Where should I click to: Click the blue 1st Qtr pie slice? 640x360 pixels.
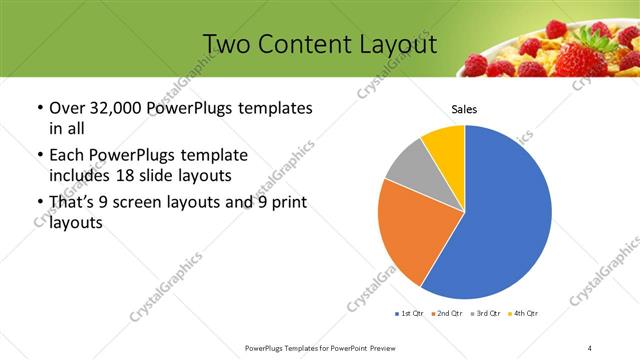tap(505, 220)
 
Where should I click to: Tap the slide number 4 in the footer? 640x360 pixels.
tap(590, 347)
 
